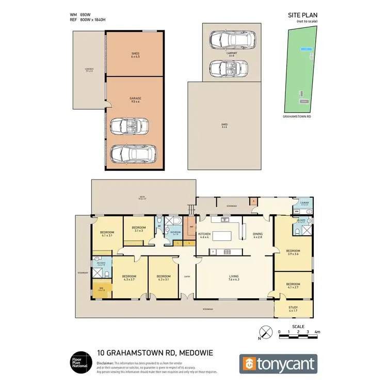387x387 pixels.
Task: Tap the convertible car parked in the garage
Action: coord(130,125)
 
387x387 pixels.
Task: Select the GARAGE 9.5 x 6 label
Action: coord(135,100)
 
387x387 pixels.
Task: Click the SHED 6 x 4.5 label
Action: coord(135,55)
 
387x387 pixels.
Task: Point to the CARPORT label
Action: coord(231,54)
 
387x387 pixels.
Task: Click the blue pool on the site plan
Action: coord(307,49)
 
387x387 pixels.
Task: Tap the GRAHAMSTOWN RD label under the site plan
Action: coord(297,117)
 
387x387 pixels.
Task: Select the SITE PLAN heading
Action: coord(301,16)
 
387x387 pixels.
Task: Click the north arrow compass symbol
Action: coord(265,332)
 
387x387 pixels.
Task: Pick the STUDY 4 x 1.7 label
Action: coord(293,310)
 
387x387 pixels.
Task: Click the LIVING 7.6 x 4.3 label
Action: coord(234,278)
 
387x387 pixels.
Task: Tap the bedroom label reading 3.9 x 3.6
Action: coord(293,252)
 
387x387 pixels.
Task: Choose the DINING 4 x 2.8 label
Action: coord(258,236)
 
